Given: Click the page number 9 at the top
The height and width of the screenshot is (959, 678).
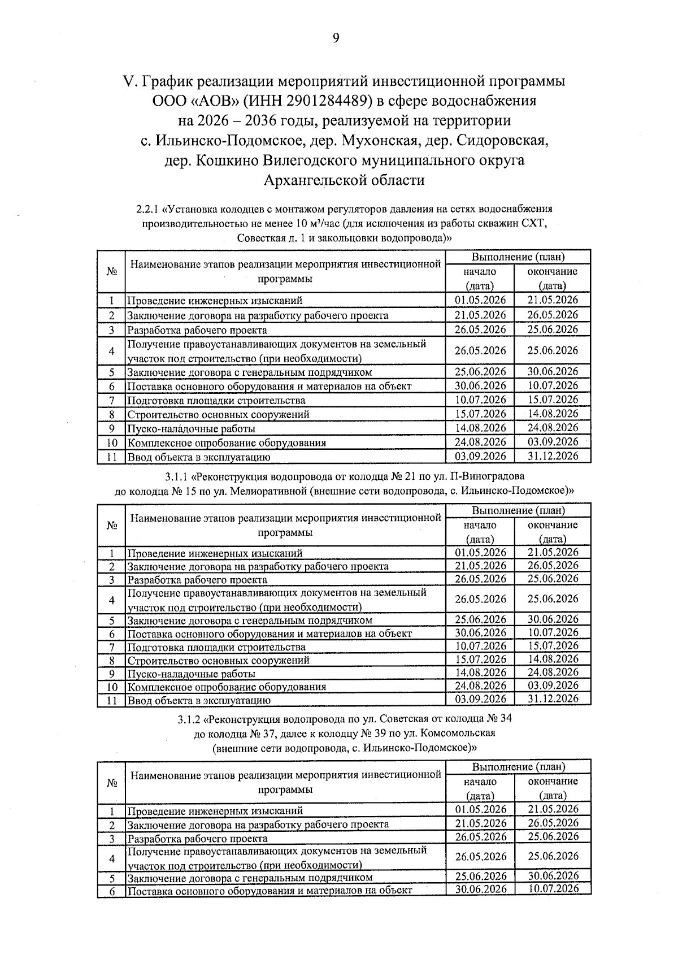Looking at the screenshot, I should [336, 38].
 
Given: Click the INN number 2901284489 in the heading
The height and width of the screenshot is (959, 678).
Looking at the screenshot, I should [327, 101].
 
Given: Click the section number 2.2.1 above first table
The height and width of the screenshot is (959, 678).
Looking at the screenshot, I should [148, 210].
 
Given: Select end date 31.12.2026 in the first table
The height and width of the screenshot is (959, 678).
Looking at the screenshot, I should [553, 456].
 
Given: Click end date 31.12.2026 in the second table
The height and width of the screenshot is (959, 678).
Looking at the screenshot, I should [553, 699].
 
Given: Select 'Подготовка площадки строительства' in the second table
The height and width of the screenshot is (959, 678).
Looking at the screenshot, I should [216, 647].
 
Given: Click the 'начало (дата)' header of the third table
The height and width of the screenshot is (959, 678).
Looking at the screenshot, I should [480, 788].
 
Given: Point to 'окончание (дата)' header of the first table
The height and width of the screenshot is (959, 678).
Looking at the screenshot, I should [553, 279].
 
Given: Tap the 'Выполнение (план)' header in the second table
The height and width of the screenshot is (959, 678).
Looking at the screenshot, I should [518, 510].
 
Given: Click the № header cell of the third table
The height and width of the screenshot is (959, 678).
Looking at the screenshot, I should [111, 783].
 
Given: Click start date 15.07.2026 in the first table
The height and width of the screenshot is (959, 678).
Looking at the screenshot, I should [480, 414].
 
